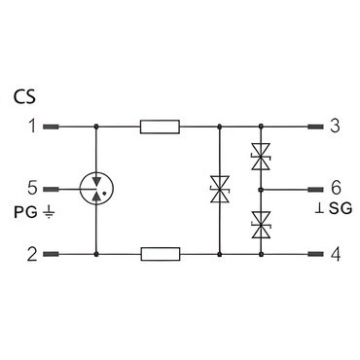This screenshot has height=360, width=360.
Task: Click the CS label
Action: point(24,97)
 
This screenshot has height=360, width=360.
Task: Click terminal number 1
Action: point(32,126)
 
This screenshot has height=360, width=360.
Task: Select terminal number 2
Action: point(32,254)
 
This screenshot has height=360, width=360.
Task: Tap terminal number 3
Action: point(335,126)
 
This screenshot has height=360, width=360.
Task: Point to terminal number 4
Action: point(336,255)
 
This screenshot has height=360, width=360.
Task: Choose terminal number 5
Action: point(32,189)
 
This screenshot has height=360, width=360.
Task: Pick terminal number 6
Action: point(336,189)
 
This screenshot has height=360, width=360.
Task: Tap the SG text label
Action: point(341,208)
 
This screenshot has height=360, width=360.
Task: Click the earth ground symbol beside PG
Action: point(49,212)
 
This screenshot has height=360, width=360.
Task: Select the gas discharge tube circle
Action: point(96,189)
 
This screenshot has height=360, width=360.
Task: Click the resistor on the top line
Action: point(160,126)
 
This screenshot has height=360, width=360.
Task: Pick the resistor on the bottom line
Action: point(161,254)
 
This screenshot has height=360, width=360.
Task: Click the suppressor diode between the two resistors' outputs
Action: point(220,190)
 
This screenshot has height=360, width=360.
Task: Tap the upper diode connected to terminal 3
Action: point(261,157)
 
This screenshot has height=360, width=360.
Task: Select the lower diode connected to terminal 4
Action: point(261,225)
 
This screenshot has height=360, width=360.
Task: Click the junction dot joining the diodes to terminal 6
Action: point(261,190)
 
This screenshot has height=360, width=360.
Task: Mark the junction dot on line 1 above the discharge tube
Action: point(96,126)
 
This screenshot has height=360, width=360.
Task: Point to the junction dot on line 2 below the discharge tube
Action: point(96,254)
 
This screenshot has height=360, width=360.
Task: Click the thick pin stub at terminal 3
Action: point(315,126)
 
